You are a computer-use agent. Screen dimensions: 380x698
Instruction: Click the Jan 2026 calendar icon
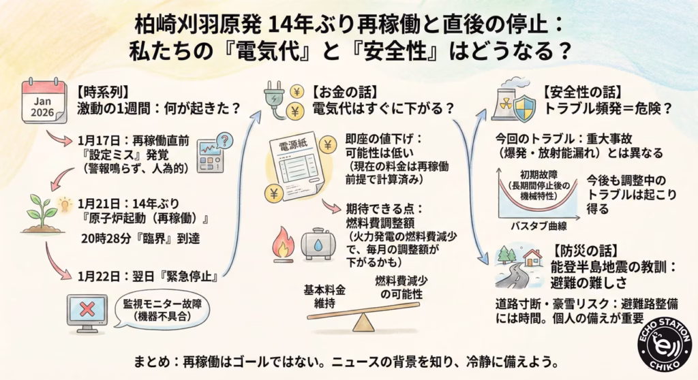43,101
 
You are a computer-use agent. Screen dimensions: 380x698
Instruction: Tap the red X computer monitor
87,312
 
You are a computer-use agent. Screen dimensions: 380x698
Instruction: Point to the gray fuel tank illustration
320,244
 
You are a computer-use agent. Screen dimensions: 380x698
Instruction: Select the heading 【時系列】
103,90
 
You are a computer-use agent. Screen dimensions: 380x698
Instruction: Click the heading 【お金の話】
339,90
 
